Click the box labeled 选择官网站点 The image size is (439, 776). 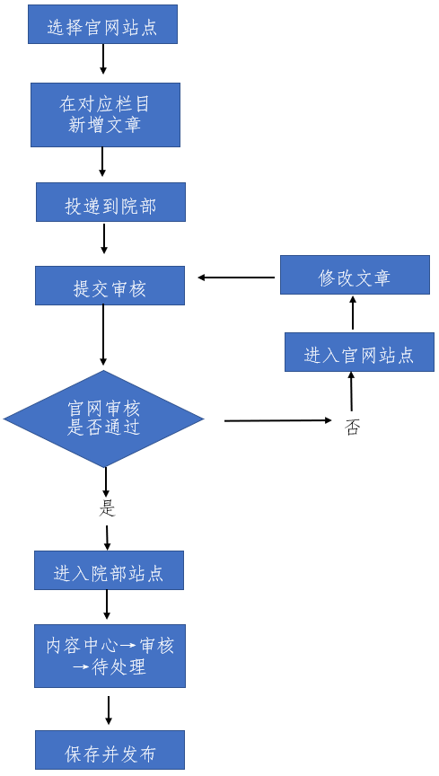[102, 24]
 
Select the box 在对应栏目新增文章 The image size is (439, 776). [105, 115]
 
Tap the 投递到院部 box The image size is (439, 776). [110, 202]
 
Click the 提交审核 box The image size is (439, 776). [110, 286]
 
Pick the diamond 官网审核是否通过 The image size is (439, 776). [104, 419]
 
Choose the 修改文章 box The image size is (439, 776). [355, 275]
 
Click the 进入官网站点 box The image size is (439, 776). [359, 352]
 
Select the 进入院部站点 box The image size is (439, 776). [109, 570]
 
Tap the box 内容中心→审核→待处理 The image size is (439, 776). [110, 656]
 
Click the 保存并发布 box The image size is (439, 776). [110, 750]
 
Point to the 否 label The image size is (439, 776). [352, 428]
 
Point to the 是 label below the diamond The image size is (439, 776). [107, 508]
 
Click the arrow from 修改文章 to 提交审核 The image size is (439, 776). [237, 278]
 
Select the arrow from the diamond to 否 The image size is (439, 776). [278, 420]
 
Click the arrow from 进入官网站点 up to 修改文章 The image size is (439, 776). [353, 313]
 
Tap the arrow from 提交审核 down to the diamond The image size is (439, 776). [103, 335]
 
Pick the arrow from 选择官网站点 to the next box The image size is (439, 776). [103, 59]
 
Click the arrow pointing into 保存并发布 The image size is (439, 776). [109, 710]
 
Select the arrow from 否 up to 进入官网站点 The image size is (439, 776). [351, 392]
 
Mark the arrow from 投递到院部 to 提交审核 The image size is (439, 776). [104, 239]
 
